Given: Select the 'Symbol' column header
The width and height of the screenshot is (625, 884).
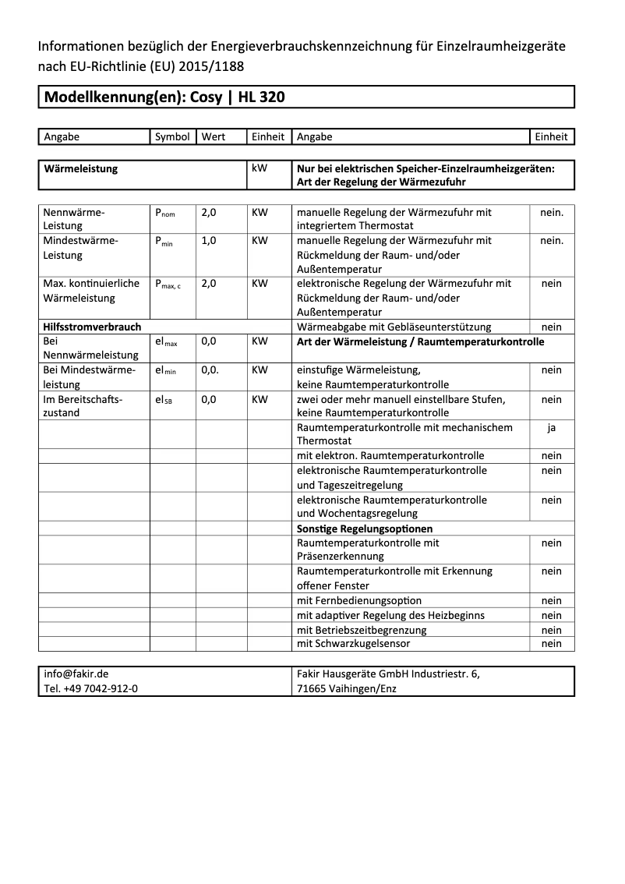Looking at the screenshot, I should coord(172,136).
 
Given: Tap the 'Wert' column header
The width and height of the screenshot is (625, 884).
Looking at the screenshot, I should coord(213,136).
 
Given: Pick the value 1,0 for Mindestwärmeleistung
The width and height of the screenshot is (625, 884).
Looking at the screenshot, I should coord(209,241).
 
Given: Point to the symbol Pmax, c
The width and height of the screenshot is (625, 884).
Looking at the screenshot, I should coord(168,285).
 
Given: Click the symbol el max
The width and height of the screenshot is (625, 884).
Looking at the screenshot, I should coord(166,342).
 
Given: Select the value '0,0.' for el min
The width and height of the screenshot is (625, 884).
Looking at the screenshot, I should coord(210,370).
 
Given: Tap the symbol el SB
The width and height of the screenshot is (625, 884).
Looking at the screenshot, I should coord(164,399).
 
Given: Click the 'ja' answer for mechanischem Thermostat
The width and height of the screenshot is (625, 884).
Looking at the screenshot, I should coord(551,427).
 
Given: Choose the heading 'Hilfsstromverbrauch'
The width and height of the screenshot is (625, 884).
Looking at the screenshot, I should coord(92,327).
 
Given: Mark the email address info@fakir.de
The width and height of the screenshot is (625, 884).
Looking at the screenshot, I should coord(76,674).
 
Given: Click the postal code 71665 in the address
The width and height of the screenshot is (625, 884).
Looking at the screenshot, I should coord(313,689).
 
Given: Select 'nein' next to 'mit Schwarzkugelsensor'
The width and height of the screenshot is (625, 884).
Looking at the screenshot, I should coord(551,644).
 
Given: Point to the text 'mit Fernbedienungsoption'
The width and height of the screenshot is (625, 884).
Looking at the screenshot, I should coord(359,600).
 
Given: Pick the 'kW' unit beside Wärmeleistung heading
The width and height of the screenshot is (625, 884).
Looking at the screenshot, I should coord(260,168).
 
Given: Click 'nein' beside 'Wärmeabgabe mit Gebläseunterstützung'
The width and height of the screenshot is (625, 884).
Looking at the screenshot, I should coord(551,327).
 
